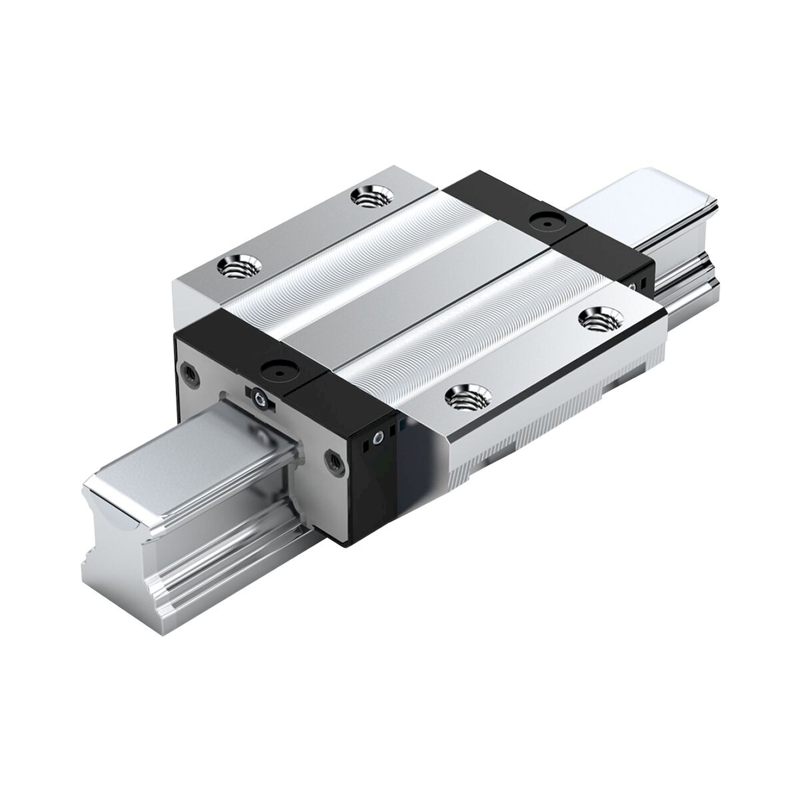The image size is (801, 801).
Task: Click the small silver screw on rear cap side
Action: point(633,286)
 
